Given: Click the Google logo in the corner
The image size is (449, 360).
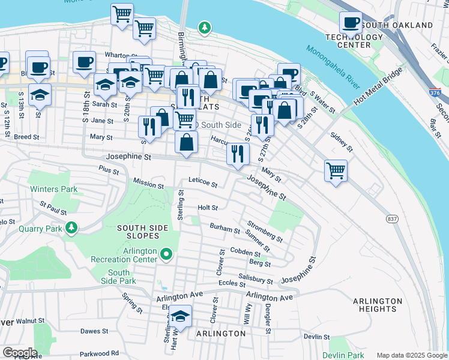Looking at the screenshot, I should (19, 352).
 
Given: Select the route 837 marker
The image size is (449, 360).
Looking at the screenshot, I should (391, 219).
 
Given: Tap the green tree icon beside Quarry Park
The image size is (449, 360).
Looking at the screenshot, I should (72, 227).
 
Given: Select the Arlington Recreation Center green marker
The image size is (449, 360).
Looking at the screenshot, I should (167, 256).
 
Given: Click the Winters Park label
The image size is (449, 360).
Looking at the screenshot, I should (54, 190).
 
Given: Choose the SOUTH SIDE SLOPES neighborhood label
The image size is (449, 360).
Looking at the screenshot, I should (138, 232).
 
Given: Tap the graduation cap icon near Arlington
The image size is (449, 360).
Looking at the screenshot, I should (180, 316).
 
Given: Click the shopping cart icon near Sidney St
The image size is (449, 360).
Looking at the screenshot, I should (336, 170).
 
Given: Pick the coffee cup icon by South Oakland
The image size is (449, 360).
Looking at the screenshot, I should (351, 23).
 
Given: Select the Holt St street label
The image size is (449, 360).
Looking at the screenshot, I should (207, 208).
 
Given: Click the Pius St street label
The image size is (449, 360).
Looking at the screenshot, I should (109, 170).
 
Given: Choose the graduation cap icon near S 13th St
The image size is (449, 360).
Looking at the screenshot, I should (40, 95).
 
